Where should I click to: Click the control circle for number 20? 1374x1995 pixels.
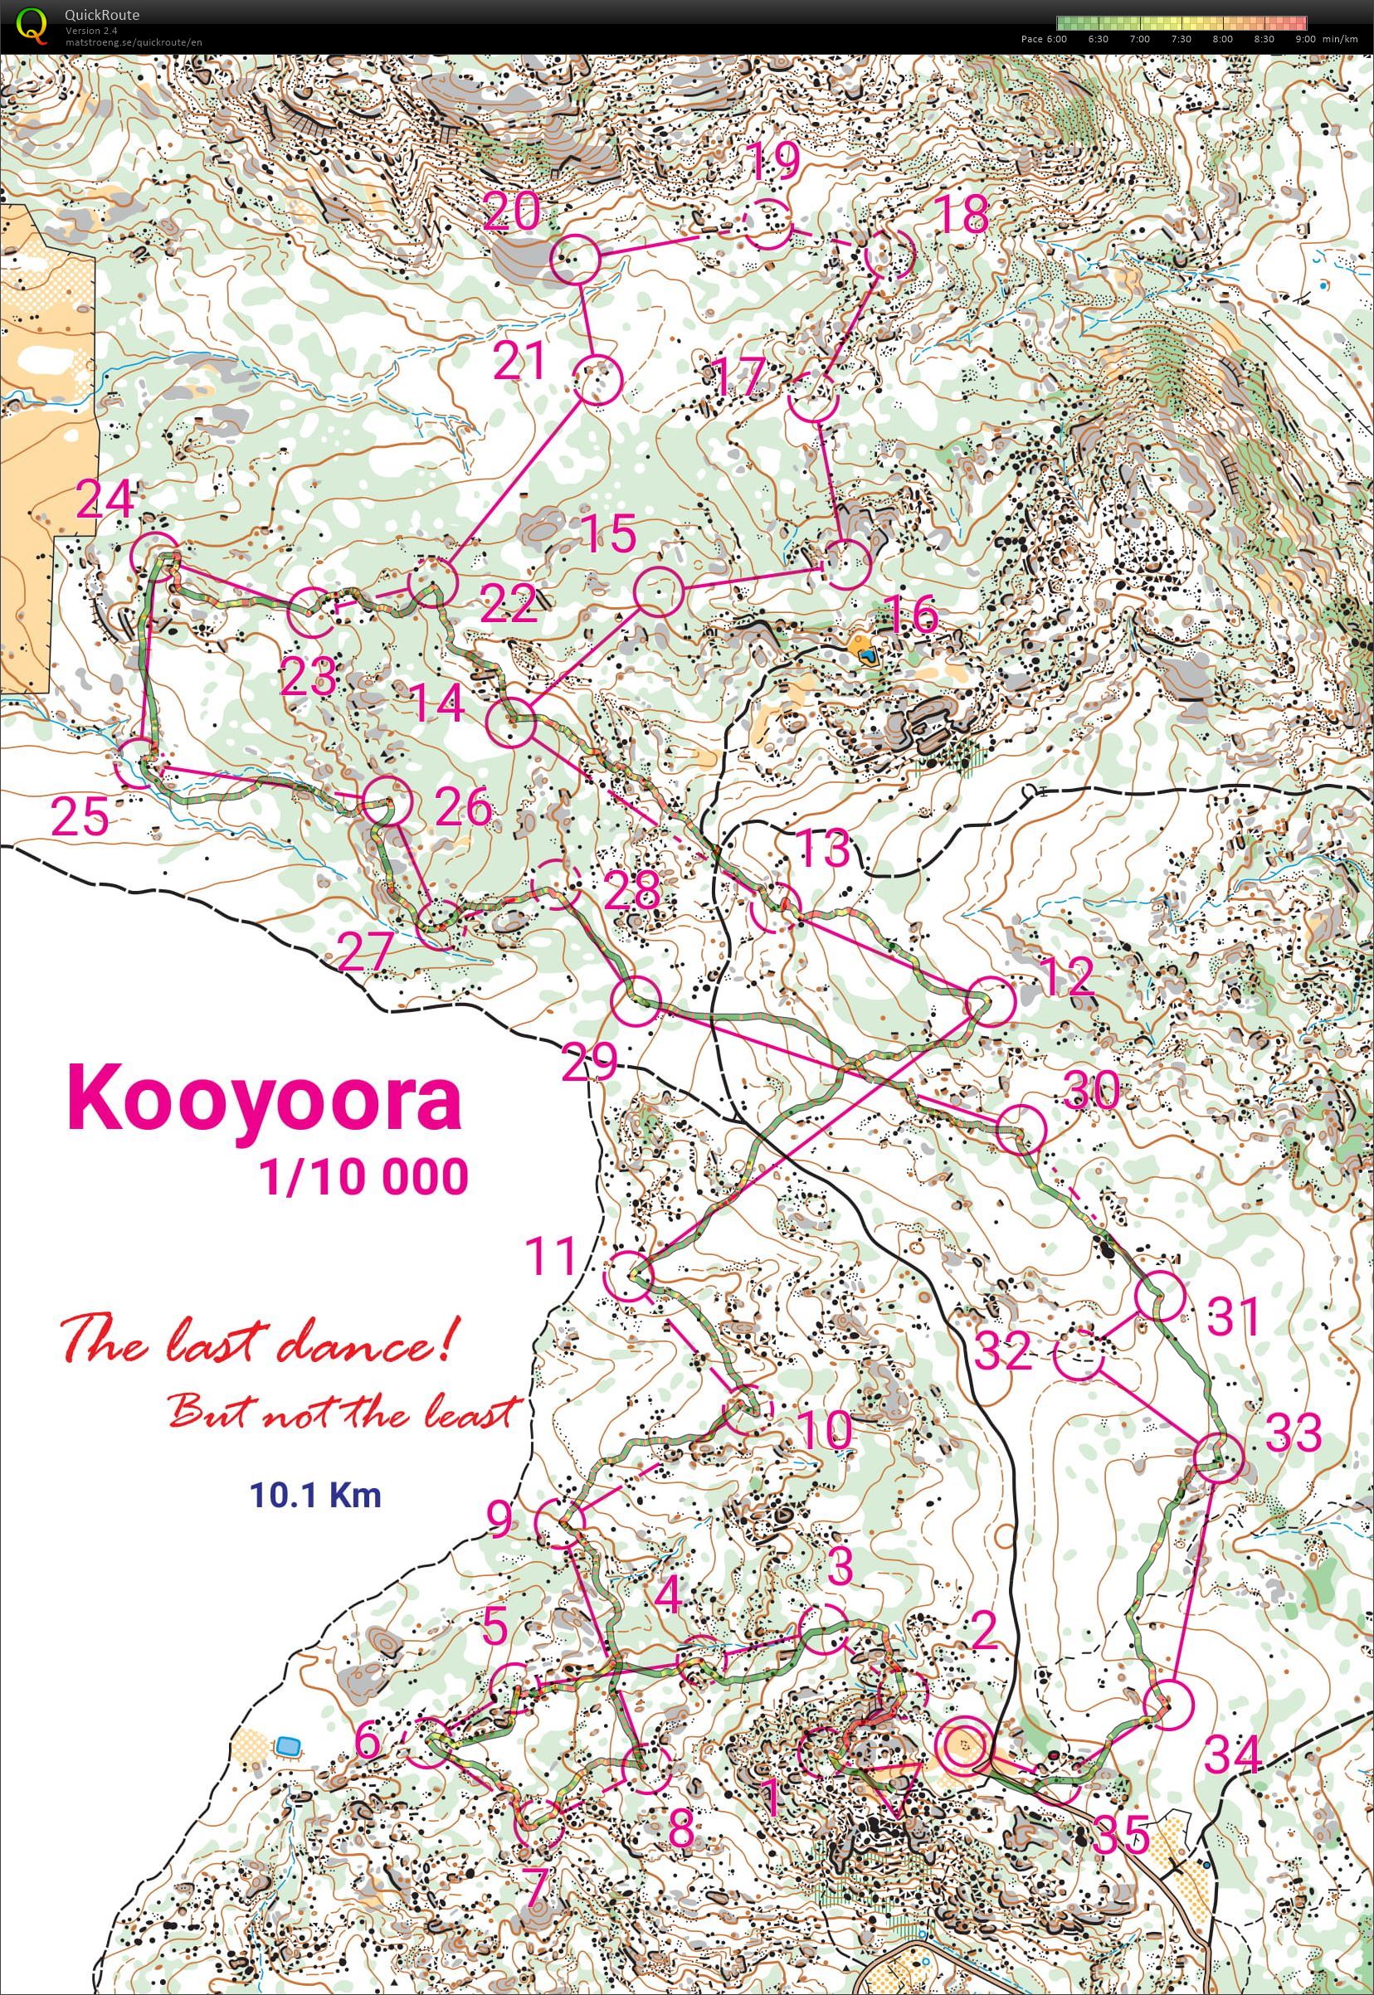pos(574,260)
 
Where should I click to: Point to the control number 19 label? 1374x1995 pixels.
pos(772,160)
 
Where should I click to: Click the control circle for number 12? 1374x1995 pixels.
pos(992,1001)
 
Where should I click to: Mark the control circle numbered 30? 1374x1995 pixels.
pos(1021,1128)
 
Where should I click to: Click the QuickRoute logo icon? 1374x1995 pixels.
pos(32,26)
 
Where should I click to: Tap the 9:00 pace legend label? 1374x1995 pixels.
pos(1304,39)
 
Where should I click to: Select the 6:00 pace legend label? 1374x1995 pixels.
pos(1055,39)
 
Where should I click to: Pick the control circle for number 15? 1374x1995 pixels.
pos(659,592)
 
